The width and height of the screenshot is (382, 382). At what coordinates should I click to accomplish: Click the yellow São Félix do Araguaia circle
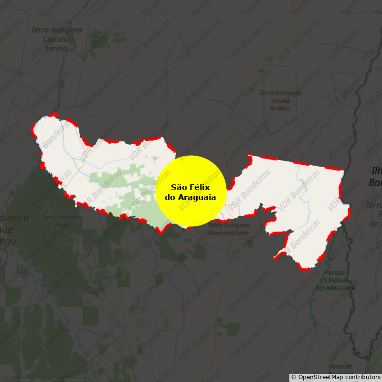pyautogui.click(x=191, y=191)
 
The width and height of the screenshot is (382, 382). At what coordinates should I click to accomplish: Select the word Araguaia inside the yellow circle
pyautogui.click(x=196, y=197)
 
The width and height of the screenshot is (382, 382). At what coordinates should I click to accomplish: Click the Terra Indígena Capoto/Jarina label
pyautogui.click(x=56, y=39)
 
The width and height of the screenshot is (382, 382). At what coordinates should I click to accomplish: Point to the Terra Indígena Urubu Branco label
pyautogui.click(x=280, y=100)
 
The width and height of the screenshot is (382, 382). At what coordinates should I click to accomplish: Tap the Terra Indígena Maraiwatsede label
pyautogui.click(x=229, y=229)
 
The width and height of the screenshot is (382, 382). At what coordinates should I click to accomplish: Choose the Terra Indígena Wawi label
pyautogui.click(x=62, y=221)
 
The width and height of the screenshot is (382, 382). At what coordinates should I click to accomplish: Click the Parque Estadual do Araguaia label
pyautogui.click(x=335, y=280)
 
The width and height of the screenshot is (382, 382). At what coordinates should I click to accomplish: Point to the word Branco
pyautogui.click(x=280, y=108)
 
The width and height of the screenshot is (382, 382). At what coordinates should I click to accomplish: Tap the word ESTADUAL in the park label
pyautogui.click(x=335, y=280)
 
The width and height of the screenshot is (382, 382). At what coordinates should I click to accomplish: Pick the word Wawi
pyautogui.click(x=62, y=224)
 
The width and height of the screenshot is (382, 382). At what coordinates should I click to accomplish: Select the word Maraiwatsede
pyautogui.click(x=229, y=233)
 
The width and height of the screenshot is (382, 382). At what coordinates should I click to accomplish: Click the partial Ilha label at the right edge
pyautogui.click(x=376, y=171)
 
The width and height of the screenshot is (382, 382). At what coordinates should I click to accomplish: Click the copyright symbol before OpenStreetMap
pyautogui.click(x=294, y=377)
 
